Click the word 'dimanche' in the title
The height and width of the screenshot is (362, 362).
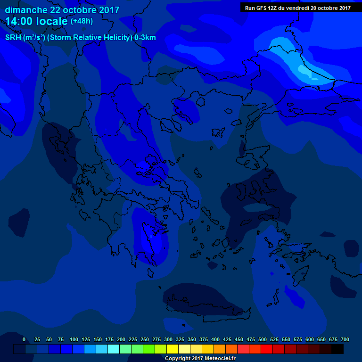point(25,10)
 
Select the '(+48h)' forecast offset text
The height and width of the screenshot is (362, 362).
point(82,21)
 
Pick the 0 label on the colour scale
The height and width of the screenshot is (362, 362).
point(24,339)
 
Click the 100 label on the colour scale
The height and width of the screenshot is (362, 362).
point(74,339)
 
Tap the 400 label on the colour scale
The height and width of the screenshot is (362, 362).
point(215,339)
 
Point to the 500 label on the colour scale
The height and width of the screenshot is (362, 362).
point(262,339)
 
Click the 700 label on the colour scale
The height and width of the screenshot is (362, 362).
point(345,339)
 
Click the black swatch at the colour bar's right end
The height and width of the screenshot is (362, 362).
point(337,349)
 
